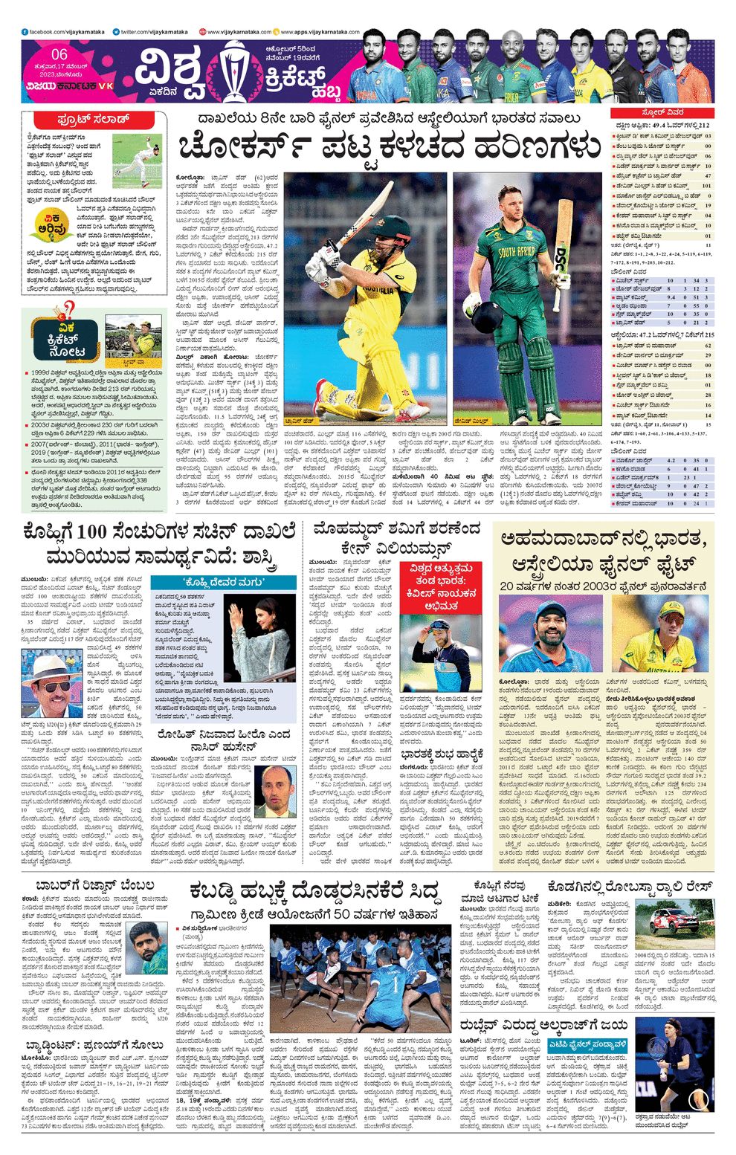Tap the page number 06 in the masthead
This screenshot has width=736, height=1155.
[59, 54]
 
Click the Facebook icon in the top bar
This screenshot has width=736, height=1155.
[25, 33]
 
